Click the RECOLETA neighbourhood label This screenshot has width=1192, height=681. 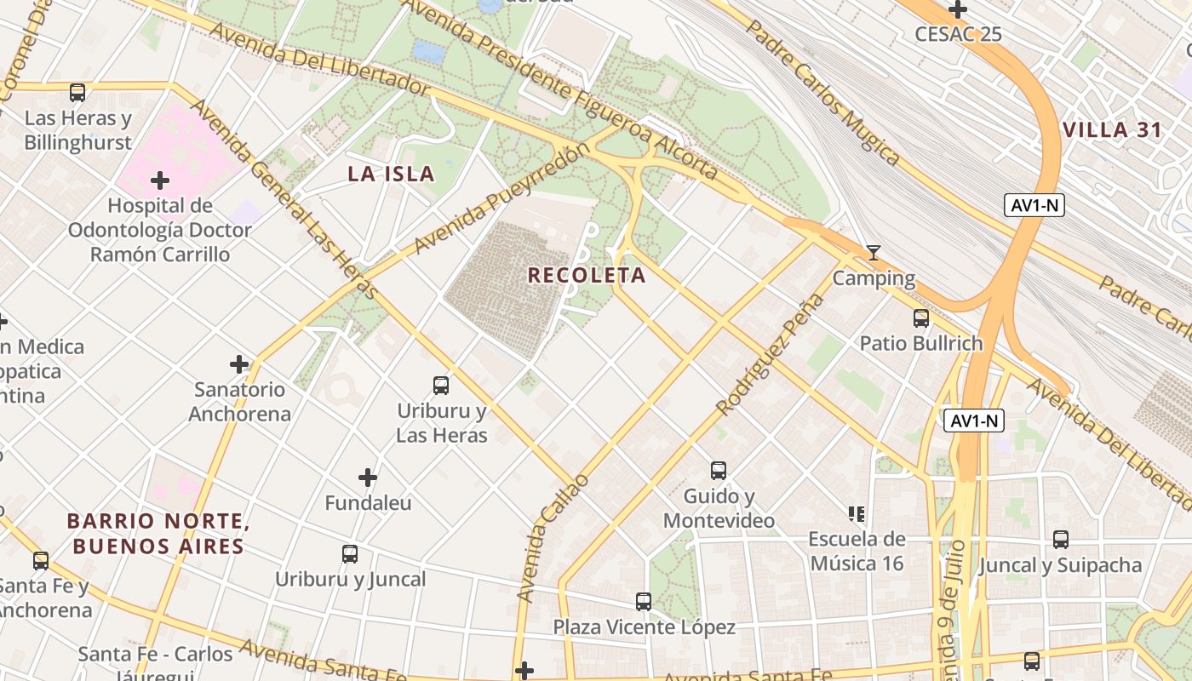(x=587, y=275)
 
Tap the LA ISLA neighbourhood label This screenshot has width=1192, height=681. (x=391, y=175)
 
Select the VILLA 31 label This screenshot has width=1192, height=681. (x=1112, y=130)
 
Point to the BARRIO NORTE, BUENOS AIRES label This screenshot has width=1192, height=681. (x=158, y=533)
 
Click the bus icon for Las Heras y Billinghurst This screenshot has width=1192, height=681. (x=77, y=93)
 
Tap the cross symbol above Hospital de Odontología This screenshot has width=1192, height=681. (x=159, y=180)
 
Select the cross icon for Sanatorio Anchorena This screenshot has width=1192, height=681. (x=239, y=364)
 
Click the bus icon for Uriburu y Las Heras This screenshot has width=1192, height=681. (x=441, y=386)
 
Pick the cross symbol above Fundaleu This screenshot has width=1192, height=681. (x=368, y=478)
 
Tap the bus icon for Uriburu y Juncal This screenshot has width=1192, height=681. (x=350, y=554)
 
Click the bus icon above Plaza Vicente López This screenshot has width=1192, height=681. (x=644, y=602)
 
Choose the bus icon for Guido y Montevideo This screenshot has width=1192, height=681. (x=719, y=471)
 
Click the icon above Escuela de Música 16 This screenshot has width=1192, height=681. (x=857, y=513)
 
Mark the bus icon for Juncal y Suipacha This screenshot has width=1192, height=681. (x=1060, y=540)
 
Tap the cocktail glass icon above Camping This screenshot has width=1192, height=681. (x=873, y=253)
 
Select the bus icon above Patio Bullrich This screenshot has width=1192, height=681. (x=921, y=318)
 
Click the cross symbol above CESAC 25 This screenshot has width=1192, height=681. (x=958, y=9)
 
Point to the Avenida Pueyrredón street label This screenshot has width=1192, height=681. (x=501, y=198)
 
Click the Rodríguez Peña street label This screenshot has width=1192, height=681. (x=771, y=354)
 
